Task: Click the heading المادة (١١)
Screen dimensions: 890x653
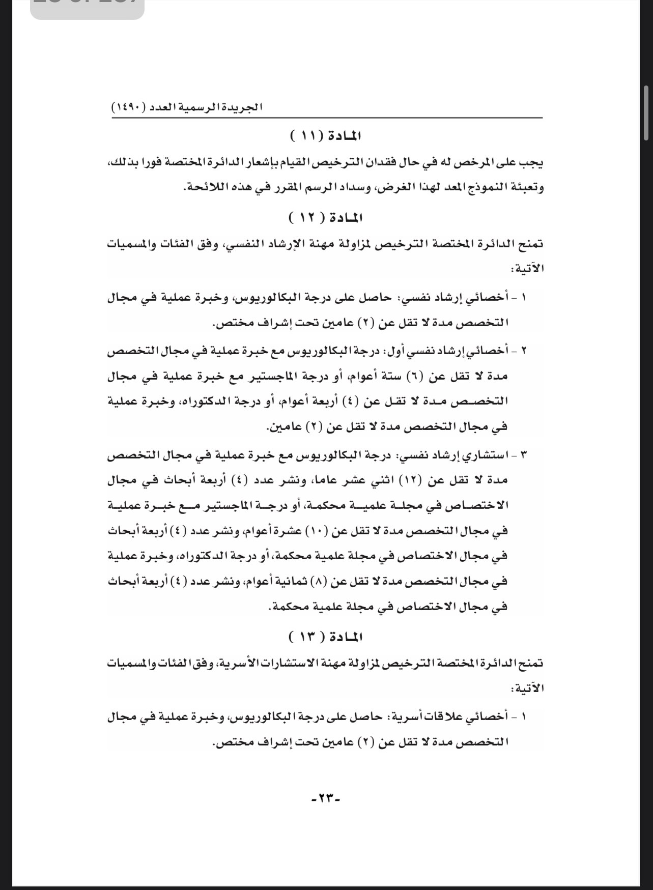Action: pos(326,136)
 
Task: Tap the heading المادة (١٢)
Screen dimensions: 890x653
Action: pos(326,218)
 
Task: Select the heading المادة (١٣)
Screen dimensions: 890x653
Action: pos(326,637)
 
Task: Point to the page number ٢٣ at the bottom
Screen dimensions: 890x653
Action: pos(326,798)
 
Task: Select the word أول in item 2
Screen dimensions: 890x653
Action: pos(400,351)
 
